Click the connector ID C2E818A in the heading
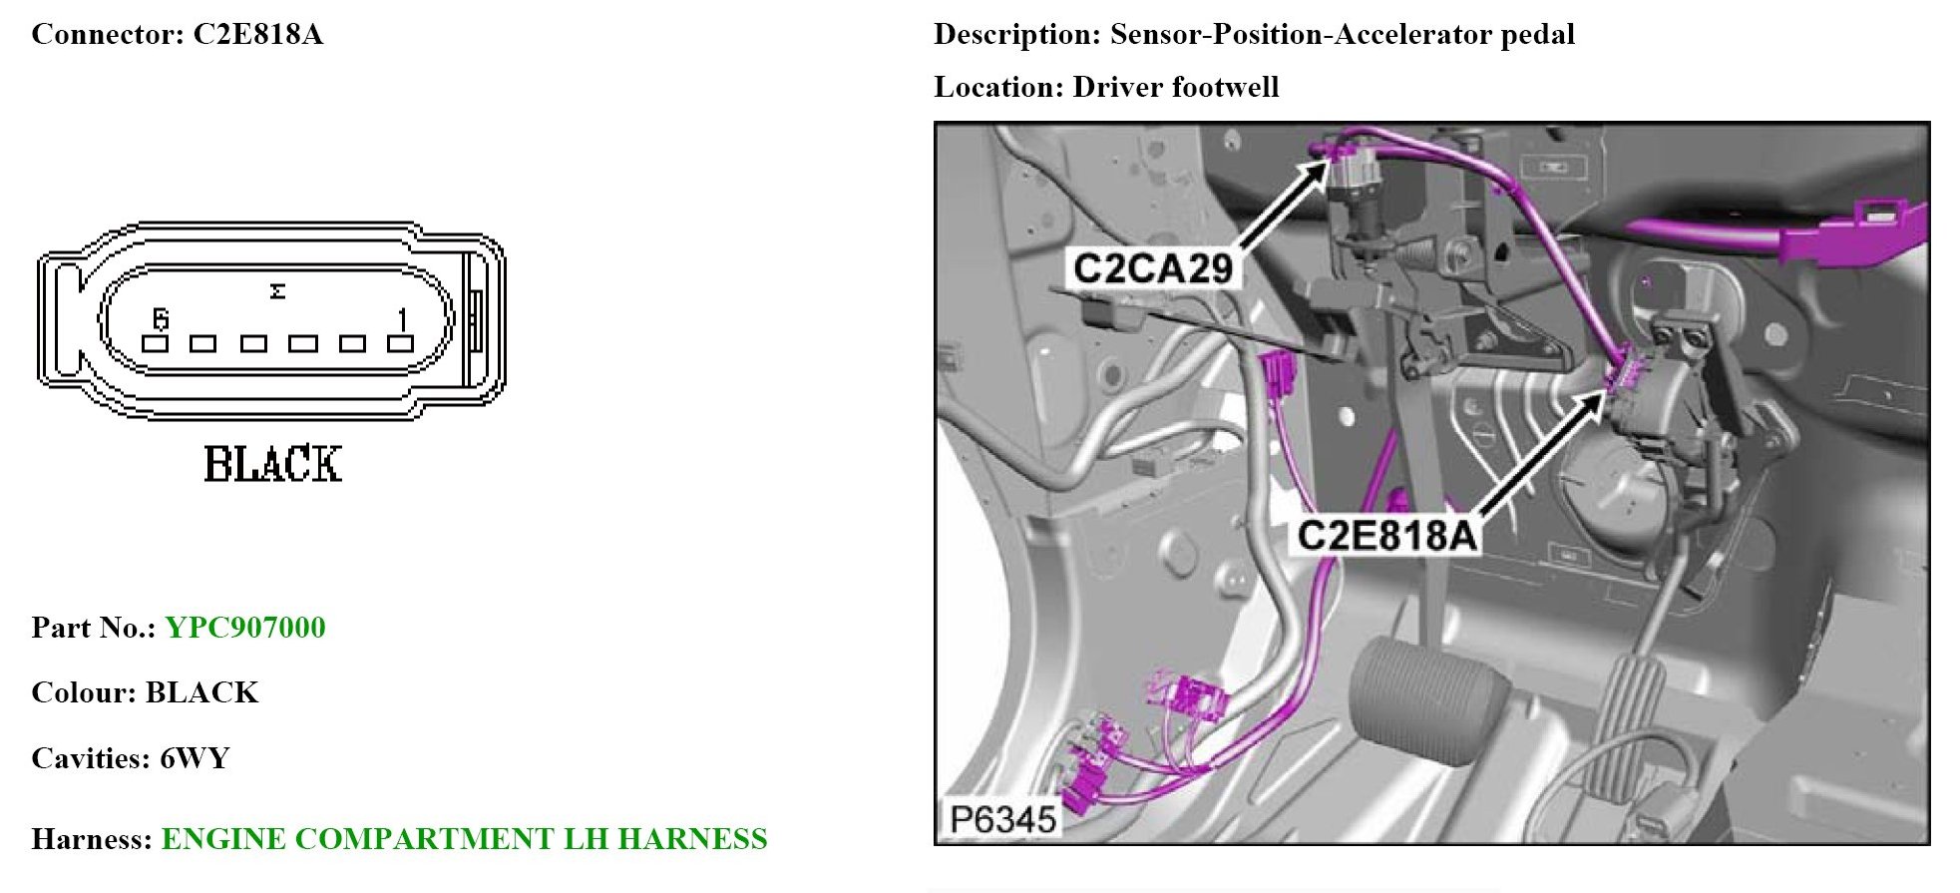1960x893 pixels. click(257, 34)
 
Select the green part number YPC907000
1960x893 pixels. click(245, 628)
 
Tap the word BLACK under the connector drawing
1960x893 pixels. click(272, 465)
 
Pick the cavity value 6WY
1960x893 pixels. click(195, 758)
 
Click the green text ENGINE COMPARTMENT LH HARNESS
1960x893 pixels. click(464, 839)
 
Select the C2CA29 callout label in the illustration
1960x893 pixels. click(1152, 268)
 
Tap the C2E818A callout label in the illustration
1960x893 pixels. click(1386, 536)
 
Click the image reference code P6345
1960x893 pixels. click(1002, 820)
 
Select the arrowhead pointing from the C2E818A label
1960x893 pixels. click(1598, 397)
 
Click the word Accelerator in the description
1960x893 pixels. click(1409, 34)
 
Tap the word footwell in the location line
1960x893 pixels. click(1225, 87)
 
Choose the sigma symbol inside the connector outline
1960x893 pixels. click(277, 291)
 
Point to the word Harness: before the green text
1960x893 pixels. click(92, 839)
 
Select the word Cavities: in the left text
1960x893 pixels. click(91, 758)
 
